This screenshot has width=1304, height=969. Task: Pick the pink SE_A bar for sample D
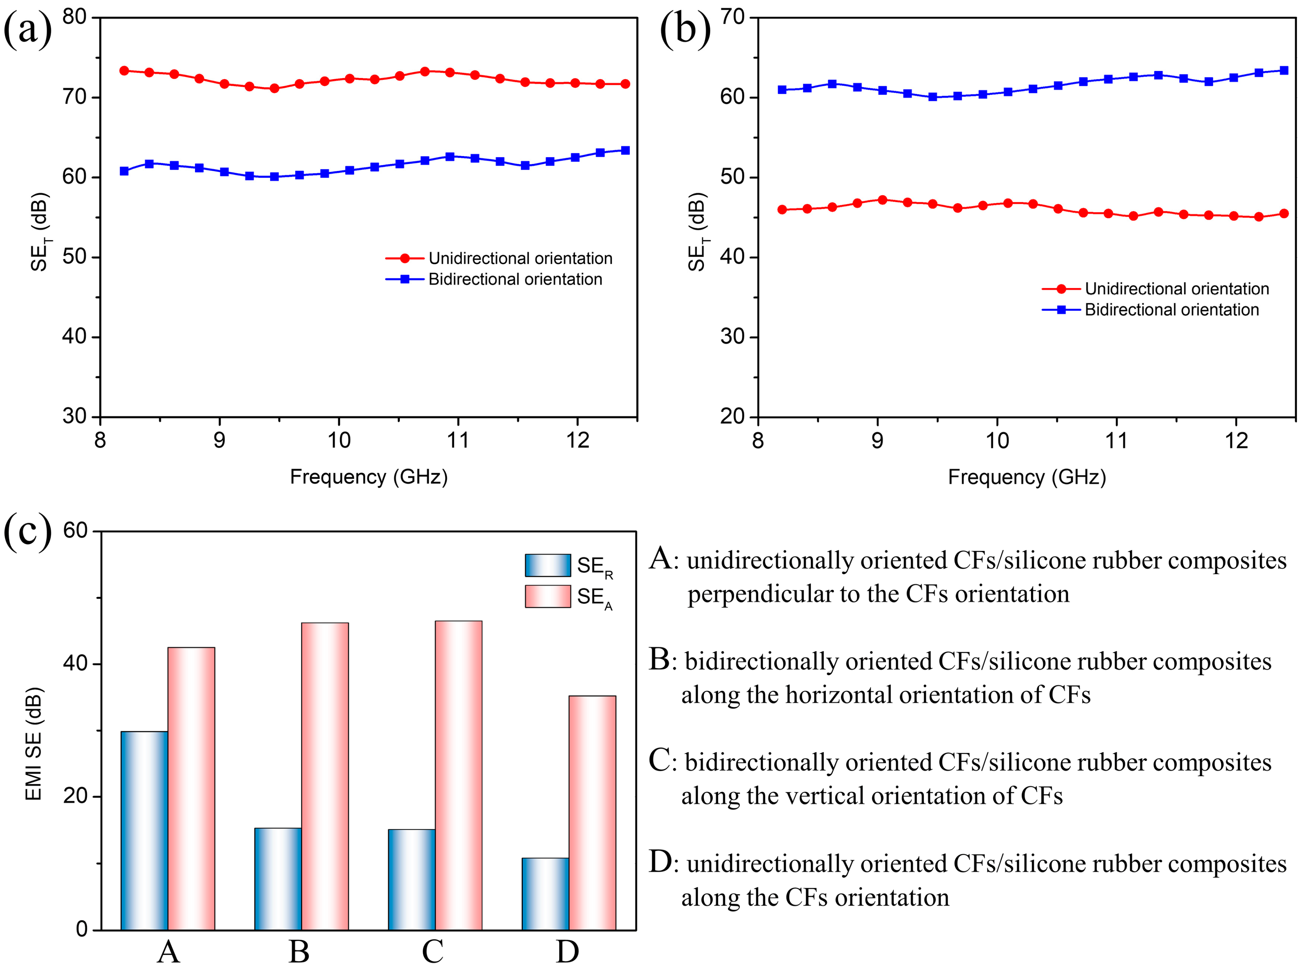pos(592,813)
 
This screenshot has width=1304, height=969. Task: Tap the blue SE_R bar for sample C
pos(411,879)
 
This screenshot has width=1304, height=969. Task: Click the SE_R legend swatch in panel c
pos(547,565)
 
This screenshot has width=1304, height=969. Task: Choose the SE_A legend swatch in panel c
pos(547,596)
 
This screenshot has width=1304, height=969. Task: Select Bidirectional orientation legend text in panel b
pos(1171,310)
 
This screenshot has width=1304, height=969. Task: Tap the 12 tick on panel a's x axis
pos(577,440)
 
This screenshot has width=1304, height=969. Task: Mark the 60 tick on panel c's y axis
pos(75,531)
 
